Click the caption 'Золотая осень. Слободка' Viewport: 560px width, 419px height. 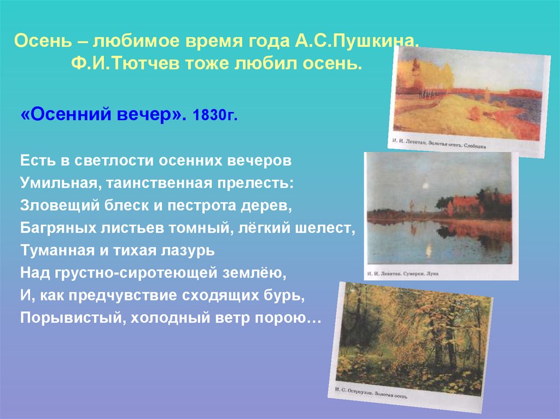[x=462, y=145]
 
